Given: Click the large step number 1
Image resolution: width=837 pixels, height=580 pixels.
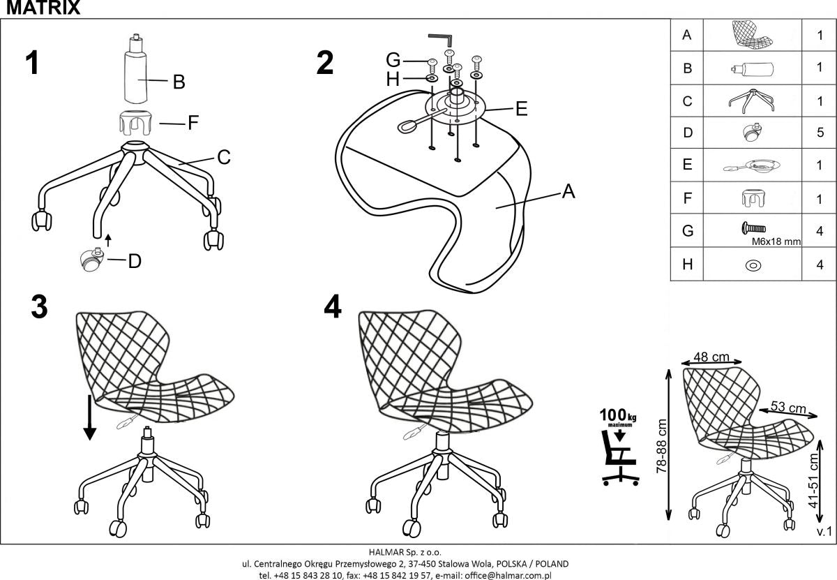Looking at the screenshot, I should point(31,63).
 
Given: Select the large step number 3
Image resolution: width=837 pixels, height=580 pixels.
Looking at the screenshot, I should point(40,306).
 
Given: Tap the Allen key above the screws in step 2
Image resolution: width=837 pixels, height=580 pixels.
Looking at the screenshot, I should point(441,38).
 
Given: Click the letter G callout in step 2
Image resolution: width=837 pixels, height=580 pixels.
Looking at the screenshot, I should point(393,61).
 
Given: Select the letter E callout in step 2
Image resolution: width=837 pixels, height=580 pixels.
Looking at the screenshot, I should point(520,109).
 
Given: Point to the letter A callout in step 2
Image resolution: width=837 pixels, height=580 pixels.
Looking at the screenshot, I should point(568,191).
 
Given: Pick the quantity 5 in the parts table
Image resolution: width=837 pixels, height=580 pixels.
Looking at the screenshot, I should point(820,133).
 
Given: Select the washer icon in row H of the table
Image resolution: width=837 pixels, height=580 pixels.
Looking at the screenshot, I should point(753,265).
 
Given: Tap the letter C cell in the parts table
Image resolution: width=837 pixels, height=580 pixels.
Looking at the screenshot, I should point(687,101).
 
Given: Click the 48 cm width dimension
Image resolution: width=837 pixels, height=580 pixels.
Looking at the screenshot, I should point(711,357).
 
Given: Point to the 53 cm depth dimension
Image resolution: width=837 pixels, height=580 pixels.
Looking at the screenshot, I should point(788,408).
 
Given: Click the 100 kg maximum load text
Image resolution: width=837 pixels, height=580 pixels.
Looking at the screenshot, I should point(617,417).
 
